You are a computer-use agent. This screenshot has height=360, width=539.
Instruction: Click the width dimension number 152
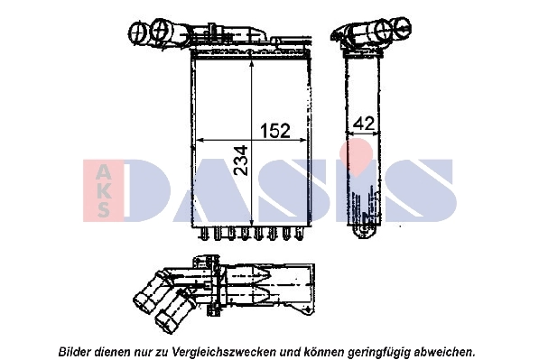[x=274, y=131]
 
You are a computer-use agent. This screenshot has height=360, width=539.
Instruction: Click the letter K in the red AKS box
[x=104, y=190]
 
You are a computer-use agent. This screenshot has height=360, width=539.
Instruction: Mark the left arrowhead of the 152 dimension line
[x=199, y=141]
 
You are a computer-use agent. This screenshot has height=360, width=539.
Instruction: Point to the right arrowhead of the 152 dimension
[x=305, y=141]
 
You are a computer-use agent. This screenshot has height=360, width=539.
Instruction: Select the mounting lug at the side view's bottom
[x=366, y=229]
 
